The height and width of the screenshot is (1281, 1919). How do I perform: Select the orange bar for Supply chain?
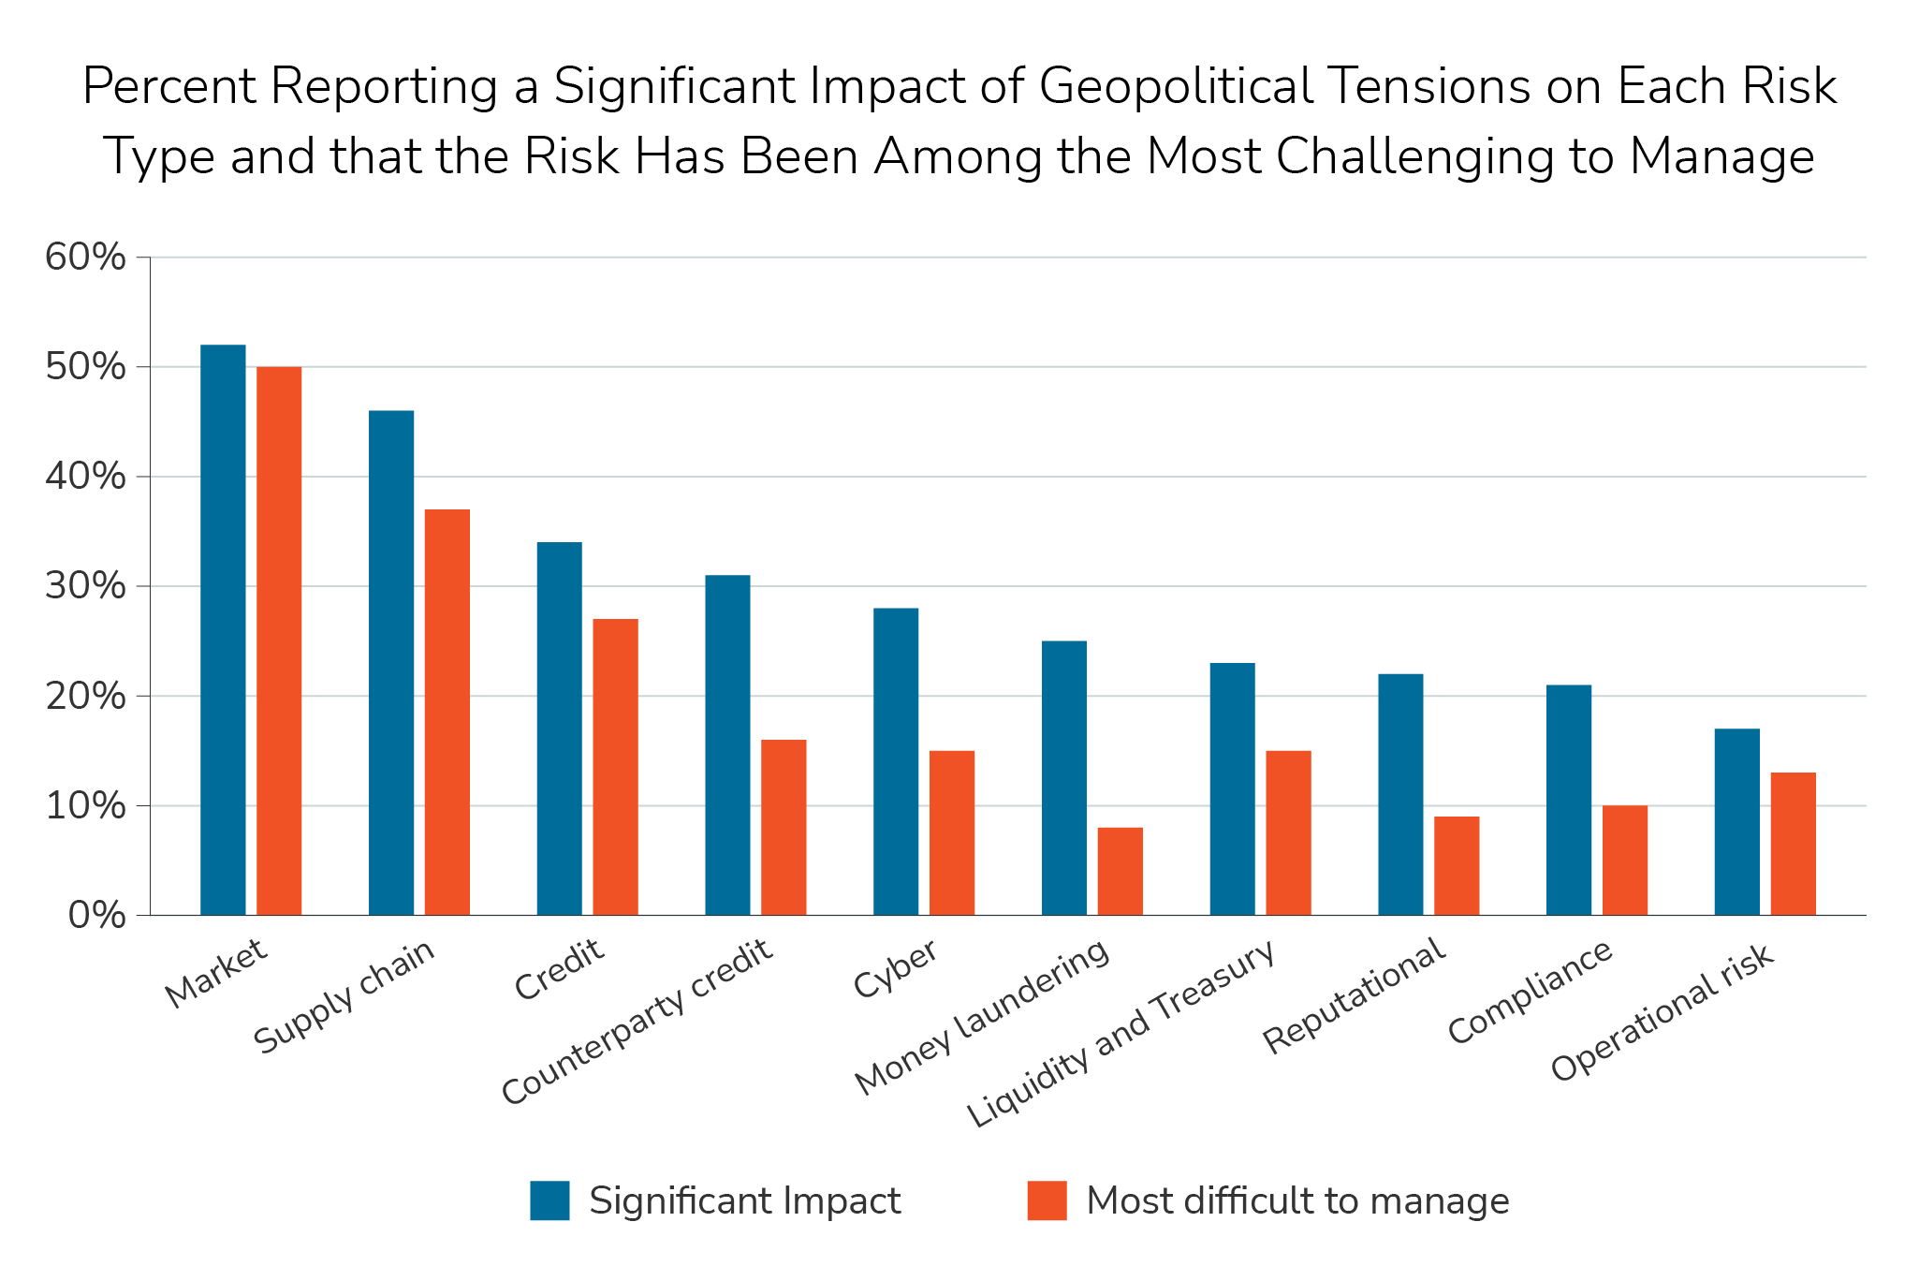[x=447, y=712]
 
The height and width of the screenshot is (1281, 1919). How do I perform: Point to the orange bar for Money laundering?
[x=1121, y=871]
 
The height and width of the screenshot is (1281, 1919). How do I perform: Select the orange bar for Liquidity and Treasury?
[x=1288, y=832]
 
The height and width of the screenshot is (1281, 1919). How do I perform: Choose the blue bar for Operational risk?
[x=1737, y=821]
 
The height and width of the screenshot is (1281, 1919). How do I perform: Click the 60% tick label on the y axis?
[x=85, y=258]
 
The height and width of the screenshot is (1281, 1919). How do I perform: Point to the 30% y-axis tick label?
[x=85, y=587]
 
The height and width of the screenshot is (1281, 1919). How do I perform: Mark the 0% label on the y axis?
[x=96, y=916]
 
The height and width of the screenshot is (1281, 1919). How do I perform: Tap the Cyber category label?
[x=895, y=970]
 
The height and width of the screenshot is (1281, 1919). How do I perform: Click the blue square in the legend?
[x=549, y=1200]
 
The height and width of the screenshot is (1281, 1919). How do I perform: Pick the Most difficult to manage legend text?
[x=1297, y=1200]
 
